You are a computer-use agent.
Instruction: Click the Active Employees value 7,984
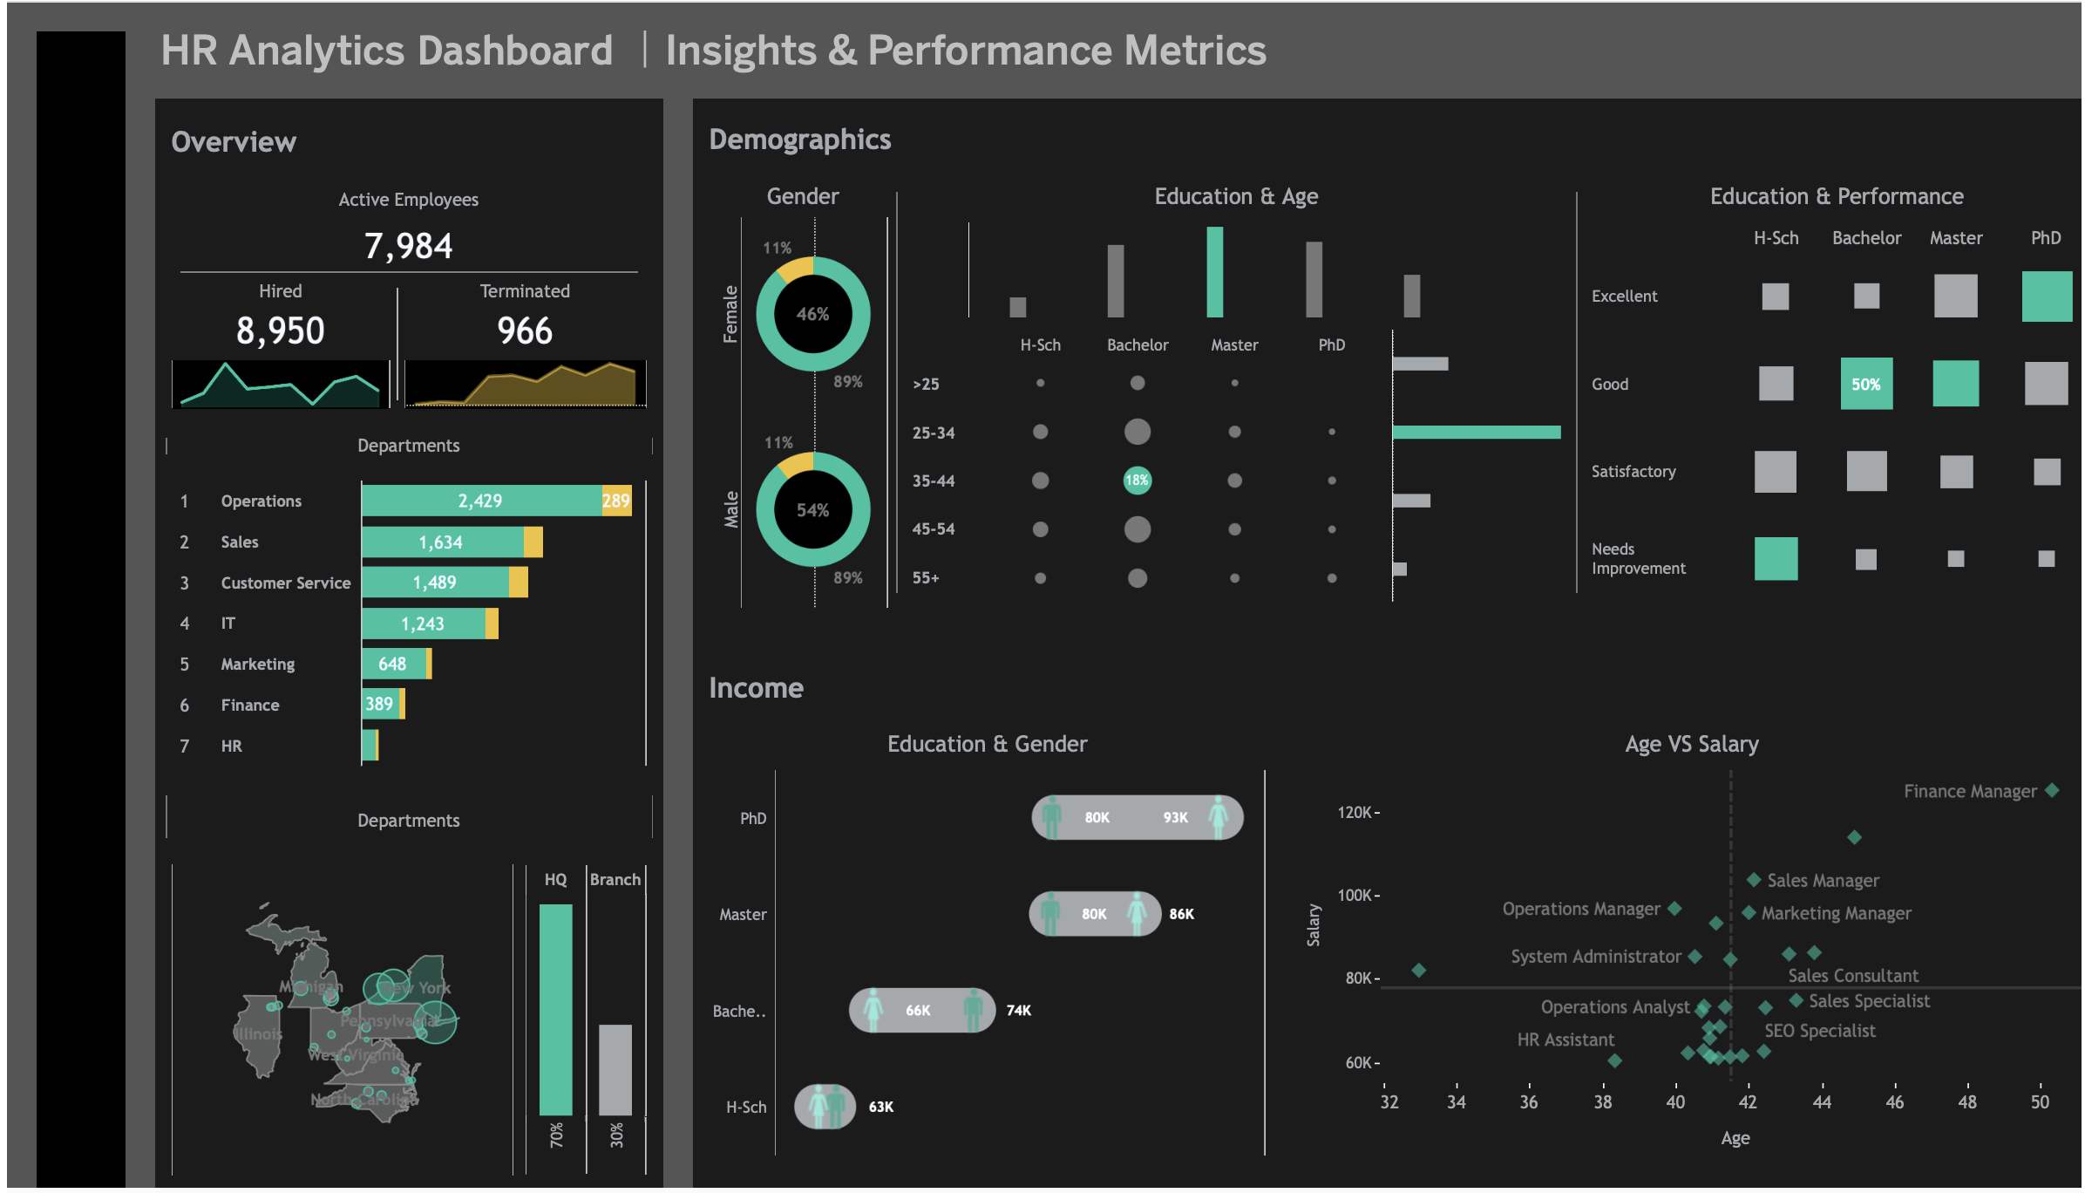click(408, 246)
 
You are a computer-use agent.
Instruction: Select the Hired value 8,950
click(280, 331)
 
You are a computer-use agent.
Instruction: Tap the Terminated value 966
click(524, 331)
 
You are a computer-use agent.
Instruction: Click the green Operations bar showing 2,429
click(480, 501)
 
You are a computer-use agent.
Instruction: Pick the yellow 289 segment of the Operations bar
click(616, 501)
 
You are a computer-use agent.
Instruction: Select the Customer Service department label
click(285, 583)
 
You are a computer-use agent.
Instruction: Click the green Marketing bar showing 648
click(393, 664)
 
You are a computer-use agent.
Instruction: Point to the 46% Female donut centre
click(812, 314)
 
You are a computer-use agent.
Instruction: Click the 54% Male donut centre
click(812, 510)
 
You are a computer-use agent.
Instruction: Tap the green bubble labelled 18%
click(1137, 480)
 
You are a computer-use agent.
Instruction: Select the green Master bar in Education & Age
click(1214, 271)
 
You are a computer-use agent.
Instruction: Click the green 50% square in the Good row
click(1866, 384)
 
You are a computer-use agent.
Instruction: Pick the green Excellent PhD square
click(2046, 297)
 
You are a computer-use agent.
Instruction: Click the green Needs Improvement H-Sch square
click(1776, 559)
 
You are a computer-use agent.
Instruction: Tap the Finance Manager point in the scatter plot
click(2052, 790)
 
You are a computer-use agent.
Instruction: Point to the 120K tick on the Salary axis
click(1358, 813)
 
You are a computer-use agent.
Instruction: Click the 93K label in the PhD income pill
click(1175, 817)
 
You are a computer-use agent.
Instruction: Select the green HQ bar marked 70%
click(556, 1009)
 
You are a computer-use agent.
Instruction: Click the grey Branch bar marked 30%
click(615, 1069)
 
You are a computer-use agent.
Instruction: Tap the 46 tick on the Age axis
click(1894, 1101)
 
